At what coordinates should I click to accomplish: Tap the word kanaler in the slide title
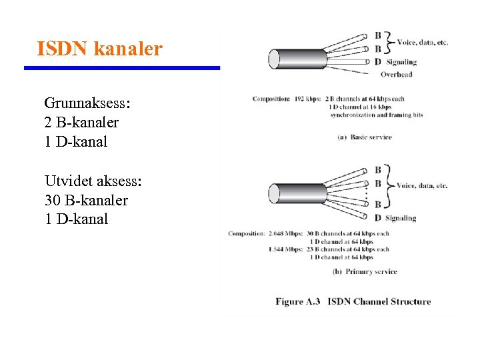(128, 49)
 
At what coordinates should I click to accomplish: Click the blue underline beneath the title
(122, 67)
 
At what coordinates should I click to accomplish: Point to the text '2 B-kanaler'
(81, 123)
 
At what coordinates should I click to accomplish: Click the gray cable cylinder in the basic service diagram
(294, 58)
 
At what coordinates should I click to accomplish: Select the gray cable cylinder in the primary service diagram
(294, 193)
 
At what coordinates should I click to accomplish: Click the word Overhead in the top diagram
(396, 74)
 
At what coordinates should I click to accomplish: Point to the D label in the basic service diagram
(378, 62)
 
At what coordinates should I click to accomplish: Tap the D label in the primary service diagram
(378, 217)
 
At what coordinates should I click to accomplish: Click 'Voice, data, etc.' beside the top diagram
(423, 43)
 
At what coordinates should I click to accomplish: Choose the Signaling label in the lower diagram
(401, 218)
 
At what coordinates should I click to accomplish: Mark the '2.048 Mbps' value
(285, 234)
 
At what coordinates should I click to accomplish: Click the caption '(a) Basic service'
(365, 137)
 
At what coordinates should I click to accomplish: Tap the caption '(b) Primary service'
(365, 271)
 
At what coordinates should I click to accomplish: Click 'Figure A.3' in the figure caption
(297, 301)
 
